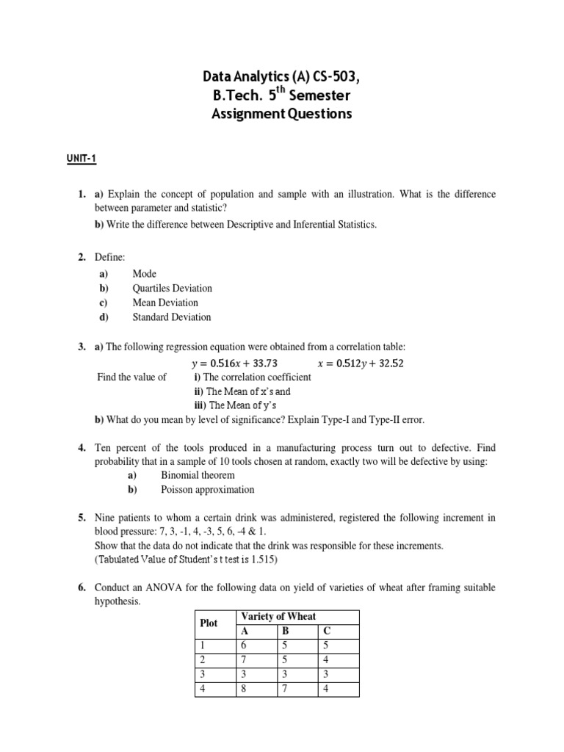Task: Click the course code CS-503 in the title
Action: (x=331, y=76)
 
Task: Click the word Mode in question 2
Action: (x=144, y=274)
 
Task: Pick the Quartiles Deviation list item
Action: (x=172, y=289)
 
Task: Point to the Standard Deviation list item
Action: (x=171, y=317)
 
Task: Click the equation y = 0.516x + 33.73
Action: (x=234, y=363)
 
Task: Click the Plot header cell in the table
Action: (x=209, y=623)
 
